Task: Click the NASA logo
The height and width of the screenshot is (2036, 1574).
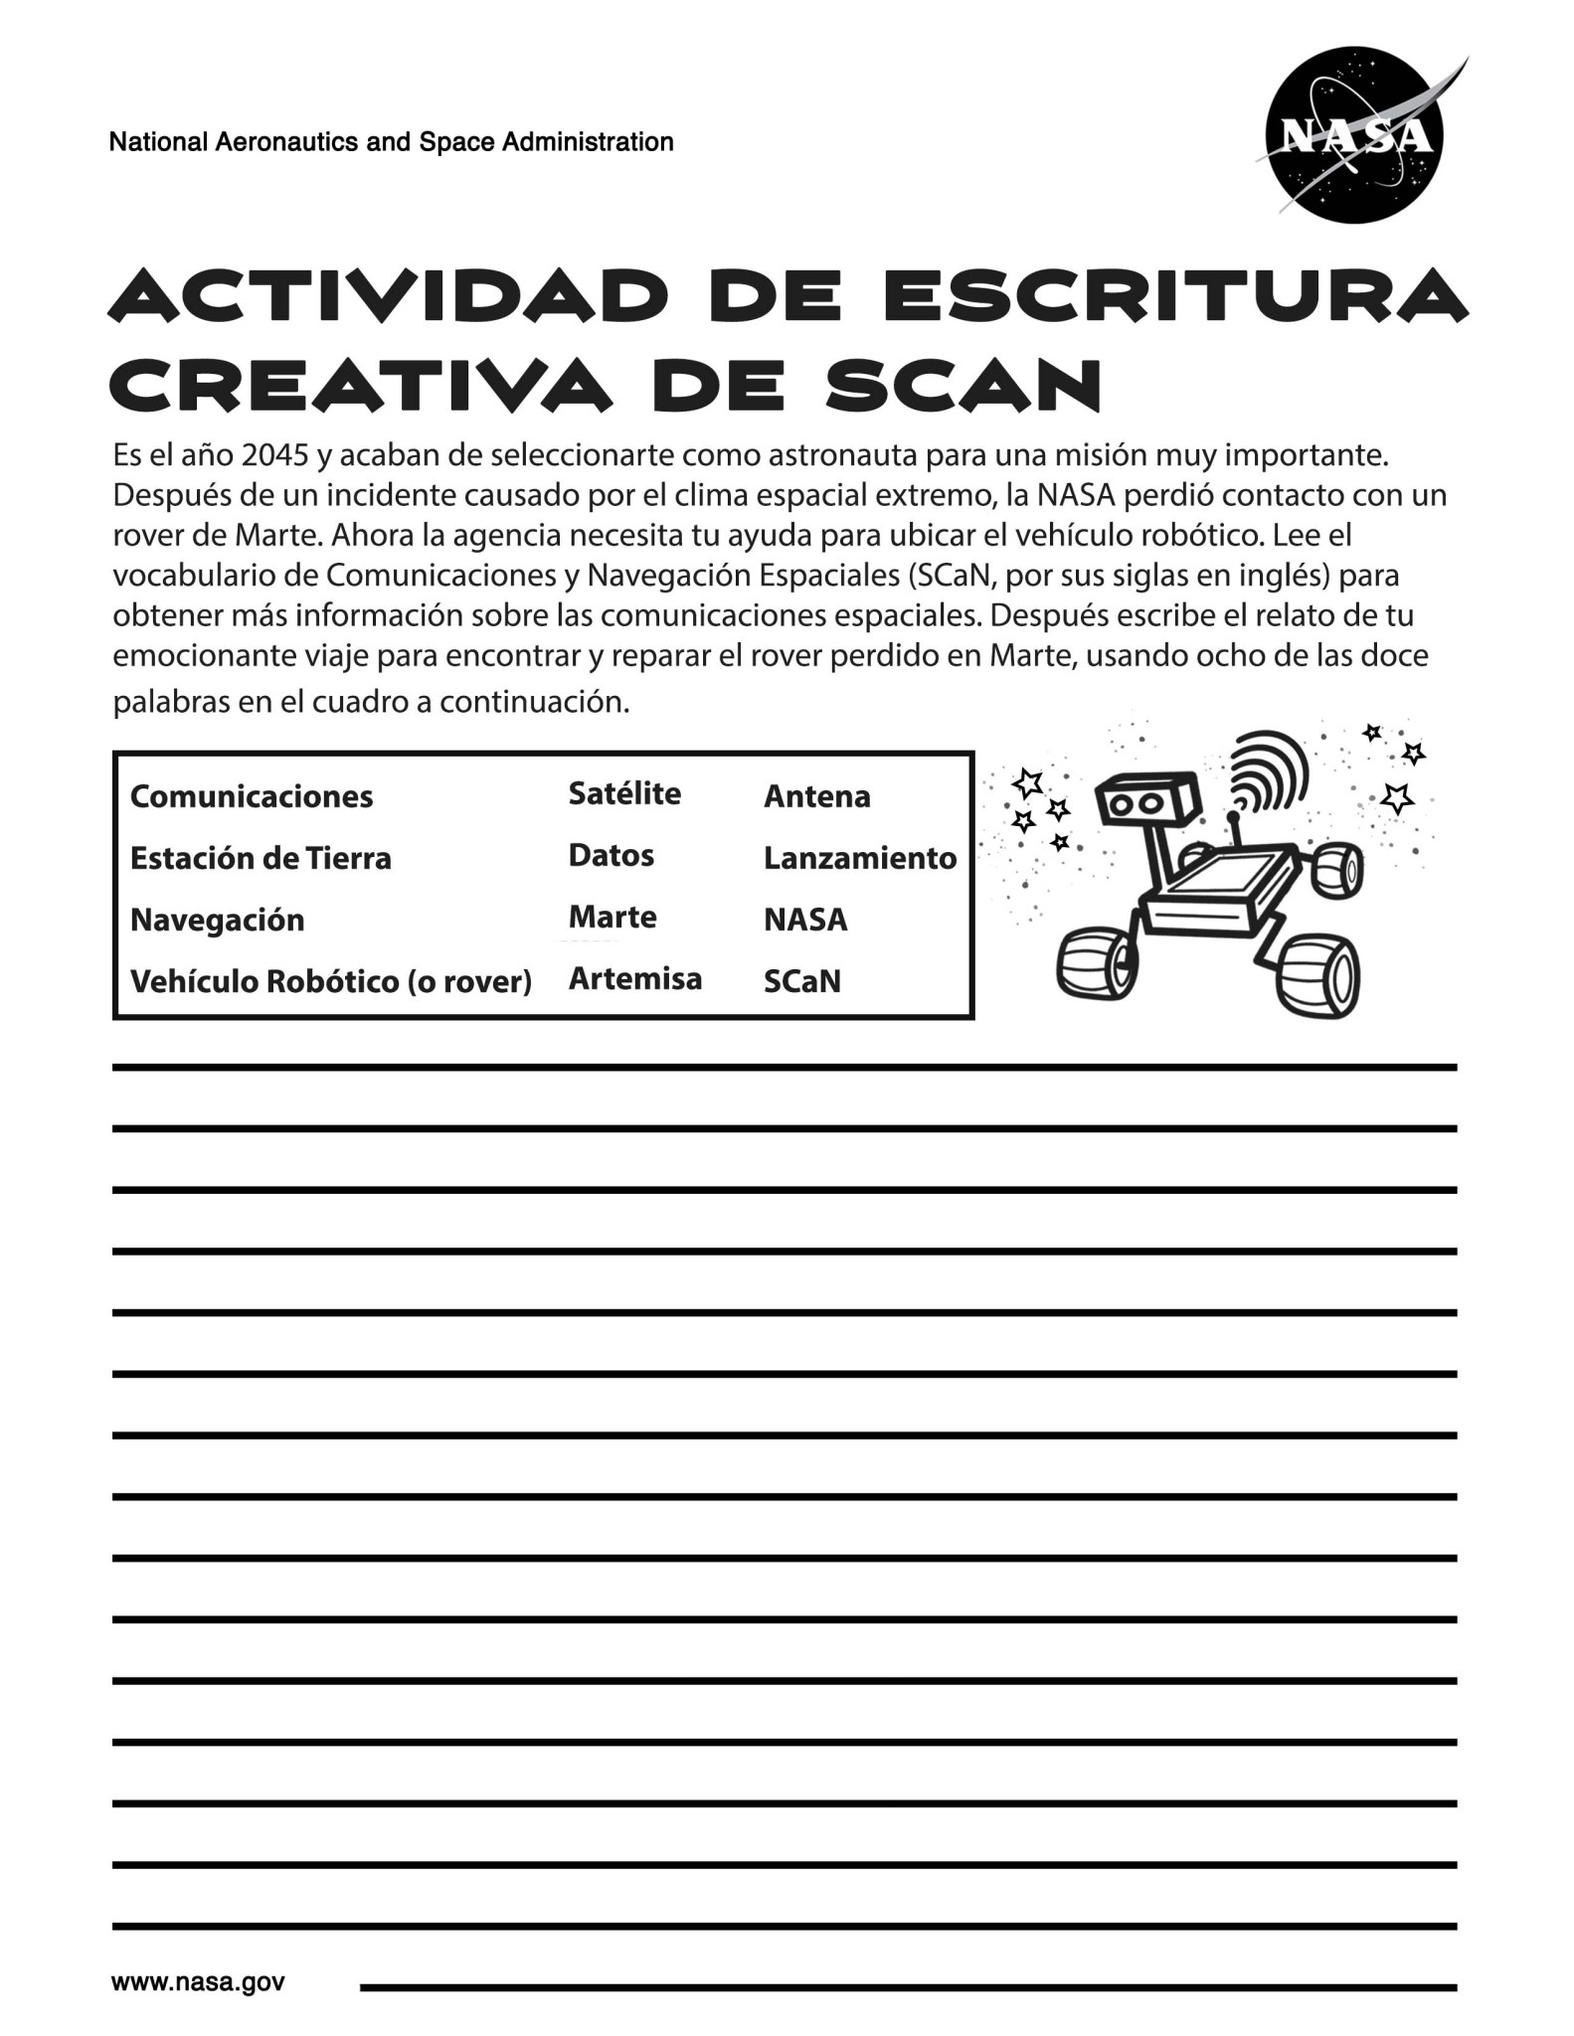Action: (x=1355, y=136)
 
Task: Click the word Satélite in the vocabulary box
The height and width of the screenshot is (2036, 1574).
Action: (x=624, y=793)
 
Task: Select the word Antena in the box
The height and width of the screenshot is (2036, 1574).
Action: (x=816, y=796)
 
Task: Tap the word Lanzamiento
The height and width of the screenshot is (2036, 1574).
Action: (x=859, y=858)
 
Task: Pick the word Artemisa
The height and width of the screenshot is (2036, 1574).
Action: (x=634, y=979)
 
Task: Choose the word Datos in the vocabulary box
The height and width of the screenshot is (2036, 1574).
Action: (x=611, y=855)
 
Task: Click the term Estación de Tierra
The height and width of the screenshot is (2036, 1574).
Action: (x=261, y=858)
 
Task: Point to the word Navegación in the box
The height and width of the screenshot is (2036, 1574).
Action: (x=217, y=920)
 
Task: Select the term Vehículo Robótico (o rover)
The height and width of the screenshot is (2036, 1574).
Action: (x=330, y=981)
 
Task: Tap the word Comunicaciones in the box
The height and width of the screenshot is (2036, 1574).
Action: (x=252, y=796)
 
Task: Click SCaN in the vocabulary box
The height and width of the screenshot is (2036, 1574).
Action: (x=801, y=981)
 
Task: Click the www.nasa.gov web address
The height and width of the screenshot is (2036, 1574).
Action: (x=198, y=1981)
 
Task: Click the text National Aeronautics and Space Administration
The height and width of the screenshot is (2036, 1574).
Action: (x=391, y=142)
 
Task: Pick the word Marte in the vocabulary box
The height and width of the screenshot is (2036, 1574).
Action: (x=612, y=917)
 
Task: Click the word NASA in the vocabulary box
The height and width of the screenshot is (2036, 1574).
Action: (x=805, y=920)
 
